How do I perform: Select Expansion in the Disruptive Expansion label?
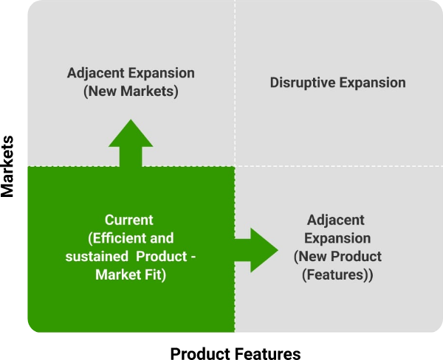click(x=373, y=83)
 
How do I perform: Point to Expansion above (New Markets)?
click(x=162, y=74)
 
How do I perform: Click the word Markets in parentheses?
click(x=150, y=92)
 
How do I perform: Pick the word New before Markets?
click(x=103, y=92)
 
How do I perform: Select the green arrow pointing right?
click(x=255, y=249)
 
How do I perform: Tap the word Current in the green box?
click(x=129, y=221)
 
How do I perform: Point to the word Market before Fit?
click(x=117, y=275)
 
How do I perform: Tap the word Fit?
click(x=152, y=275)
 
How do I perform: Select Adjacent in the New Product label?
click(x=336, y=221)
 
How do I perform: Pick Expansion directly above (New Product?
click(x=337, y=239)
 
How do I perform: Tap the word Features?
click(x=337, y=276)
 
